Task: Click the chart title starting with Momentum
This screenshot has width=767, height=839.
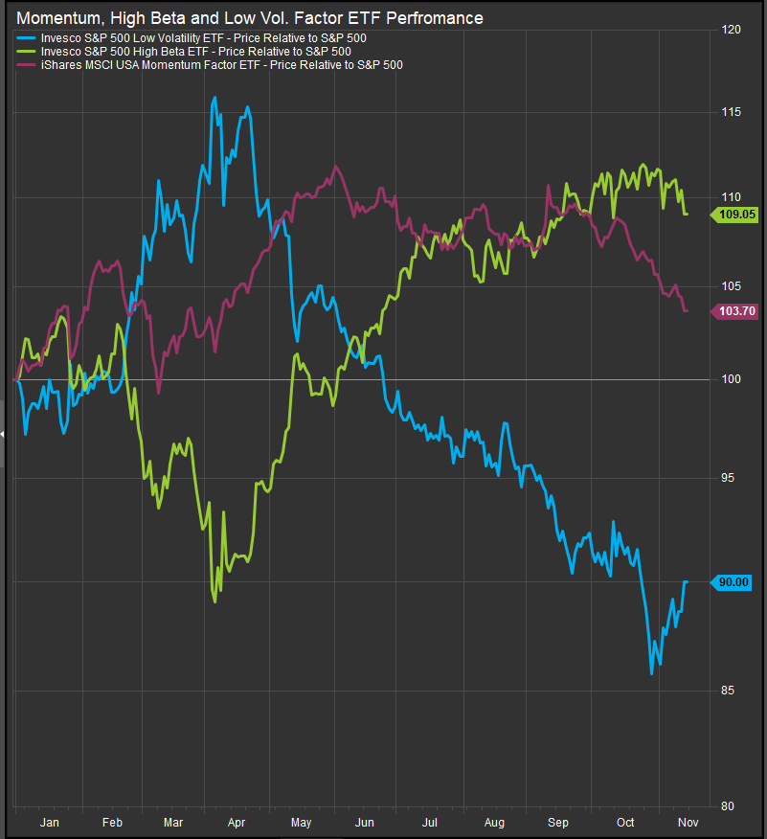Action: [250, 18]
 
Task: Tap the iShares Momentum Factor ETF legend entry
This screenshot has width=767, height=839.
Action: [210, 64]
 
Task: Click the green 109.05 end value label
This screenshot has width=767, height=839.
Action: [733, 215]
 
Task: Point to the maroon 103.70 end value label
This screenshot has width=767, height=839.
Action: [733, 311]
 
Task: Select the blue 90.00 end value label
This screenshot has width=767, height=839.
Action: [733, 581]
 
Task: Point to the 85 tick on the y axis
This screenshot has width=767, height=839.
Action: [729, 691]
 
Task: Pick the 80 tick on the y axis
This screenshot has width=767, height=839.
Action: [729, 805]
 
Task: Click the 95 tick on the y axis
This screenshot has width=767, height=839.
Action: [729, 477]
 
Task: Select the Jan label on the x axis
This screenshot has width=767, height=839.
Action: [49, 822]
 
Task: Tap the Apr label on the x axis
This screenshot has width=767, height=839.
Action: [237, 822]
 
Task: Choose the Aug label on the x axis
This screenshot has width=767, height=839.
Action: [494, 822]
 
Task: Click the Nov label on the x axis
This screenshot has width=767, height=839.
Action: [688, 822]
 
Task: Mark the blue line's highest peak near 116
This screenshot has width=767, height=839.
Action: [214, 97]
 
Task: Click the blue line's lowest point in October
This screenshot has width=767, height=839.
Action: [651, 673]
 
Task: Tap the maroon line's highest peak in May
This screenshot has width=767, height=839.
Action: [335, 166]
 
